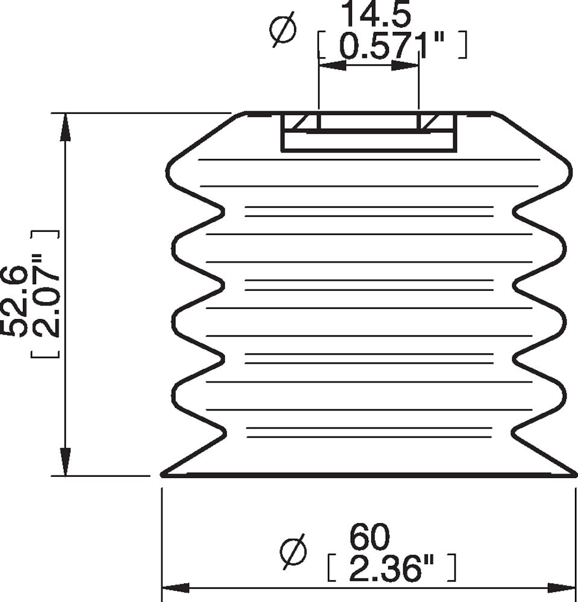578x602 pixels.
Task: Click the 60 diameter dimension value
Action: [x=370, y=538]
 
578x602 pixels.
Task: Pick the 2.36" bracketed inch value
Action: [x=392, y=568]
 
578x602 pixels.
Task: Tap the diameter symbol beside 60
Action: [x=294, y=551]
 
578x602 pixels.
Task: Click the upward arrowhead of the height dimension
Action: [x=66, y=126]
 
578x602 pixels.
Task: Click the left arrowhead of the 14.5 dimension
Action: [x=332, y=65]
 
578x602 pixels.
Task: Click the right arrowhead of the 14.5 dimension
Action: [x=405, y=65]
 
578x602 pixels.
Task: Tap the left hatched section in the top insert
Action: [x=303, y=123]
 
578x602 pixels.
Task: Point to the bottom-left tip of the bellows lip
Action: [x=163, y=475]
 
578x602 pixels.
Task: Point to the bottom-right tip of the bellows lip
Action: [x=574, y=475]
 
